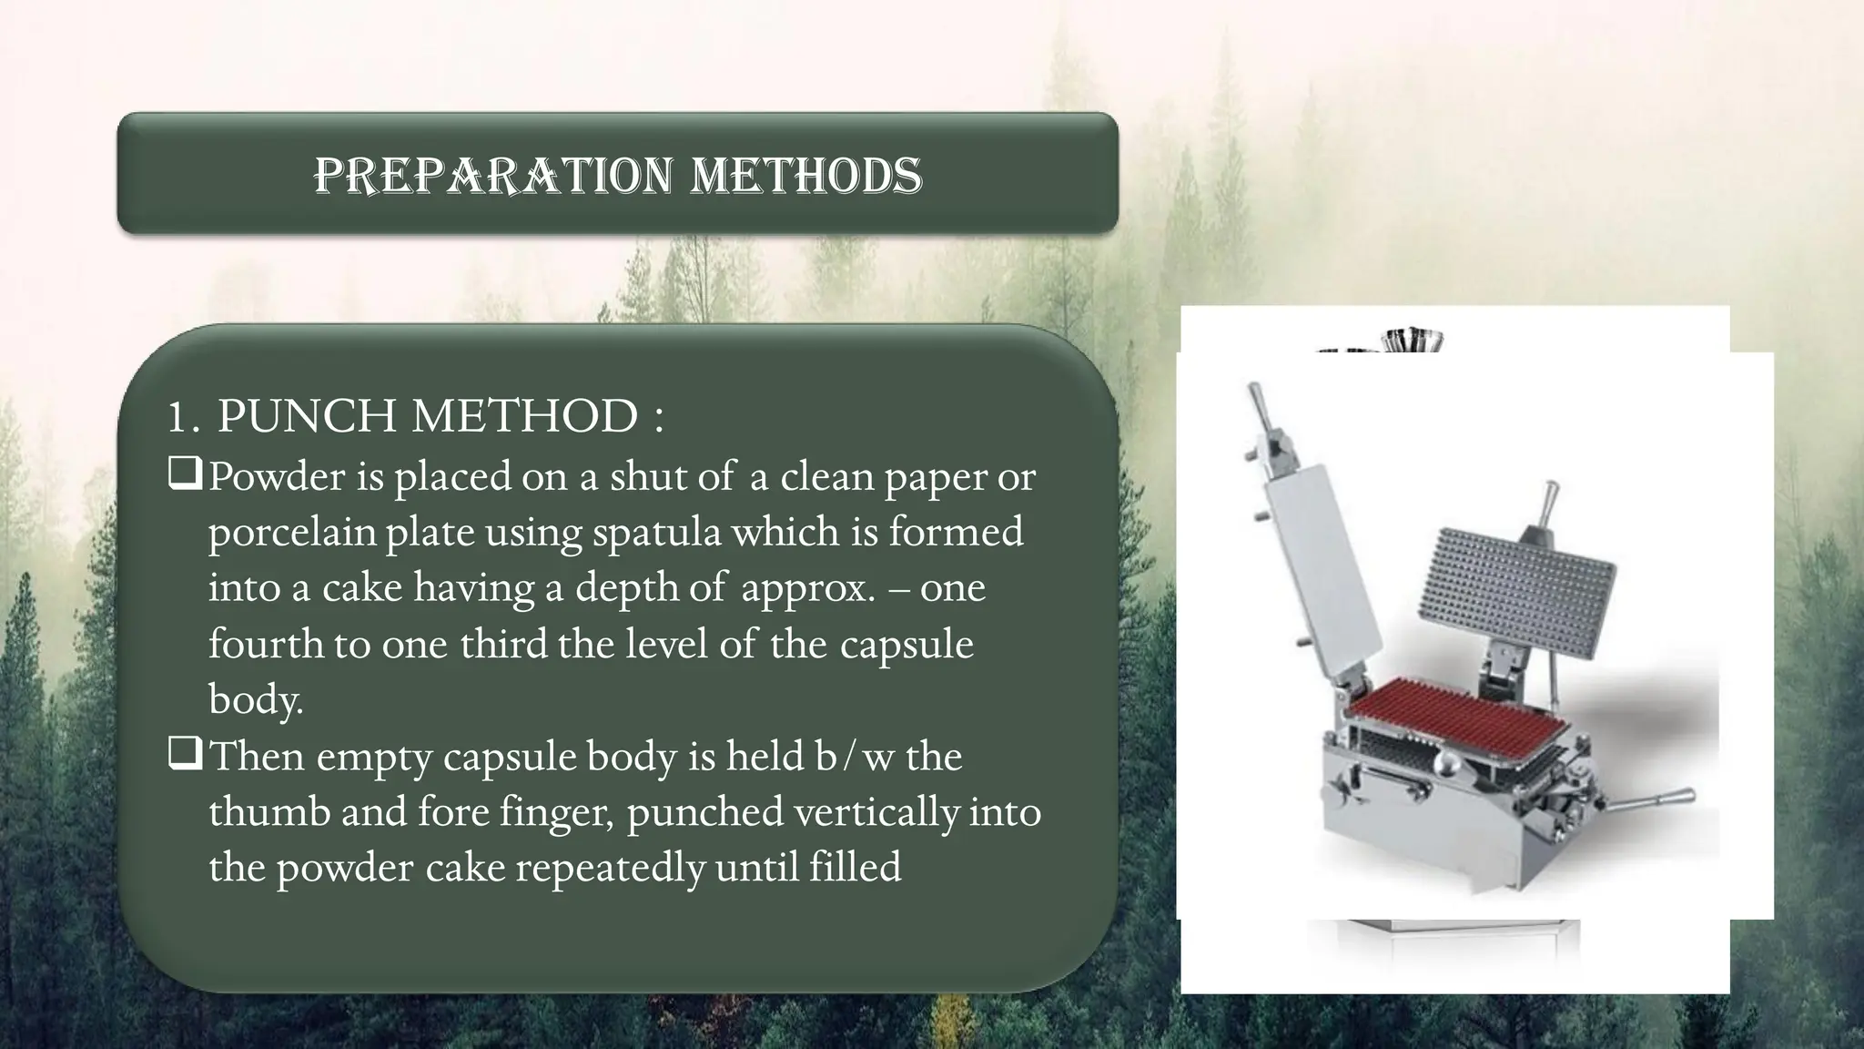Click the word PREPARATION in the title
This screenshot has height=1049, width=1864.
(x=492, y=175)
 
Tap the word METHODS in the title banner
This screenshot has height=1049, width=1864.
(x=805, y=175)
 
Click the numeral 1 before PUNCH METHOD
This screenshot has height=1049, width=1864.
(x=179, y=418)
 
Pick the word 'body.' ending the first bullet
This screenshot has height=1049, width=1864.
(x=255, y=699)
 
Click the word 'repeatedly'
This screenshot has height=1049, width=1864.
(x=609, y=866)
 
